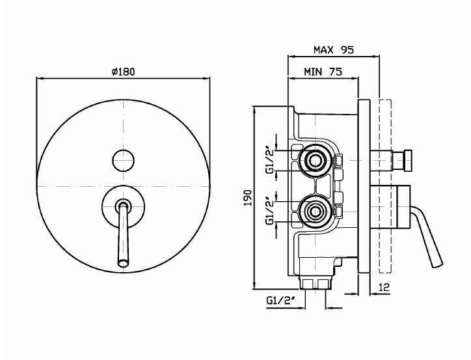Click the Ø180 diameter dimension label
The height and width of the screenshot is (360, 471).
point(123,72)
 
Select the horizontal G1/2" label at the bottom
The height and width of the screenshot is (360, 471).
point(280,300)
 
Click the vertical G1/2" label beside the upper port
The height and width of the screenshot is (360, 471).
point(269,159)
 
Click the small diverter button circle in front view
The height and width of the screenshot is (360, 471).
point(123,159)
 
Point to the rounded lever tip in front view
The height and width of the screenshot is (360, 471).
point(123,262)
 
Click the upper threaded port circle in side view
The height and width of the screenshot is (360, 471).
point(316,159)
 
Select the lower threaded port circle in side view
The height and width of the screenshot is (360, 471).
point(316,210)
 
